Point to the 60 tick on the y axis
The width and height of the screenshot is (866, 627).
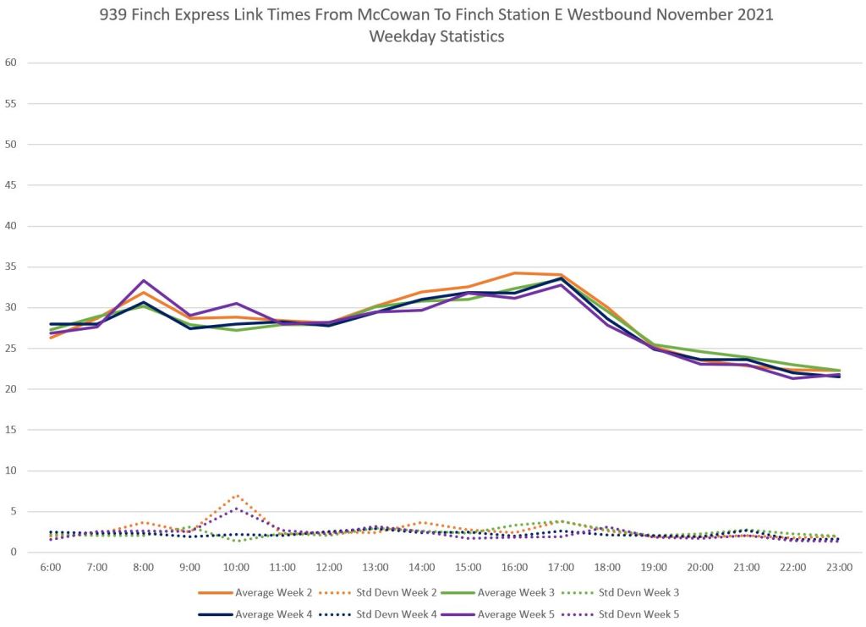click(11, 63)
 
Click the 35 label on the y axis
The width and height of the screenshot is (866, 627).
click(11, 267)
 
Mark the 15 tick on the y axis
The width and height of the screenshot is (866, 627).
click(11, 430)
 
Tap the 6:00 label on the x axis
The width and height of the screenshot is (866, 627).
click(51, 566)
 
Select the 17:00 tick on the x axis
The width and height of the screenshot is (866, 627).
click(561, 566)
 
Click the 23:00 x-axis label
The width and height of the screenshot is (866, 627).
click(839, 566)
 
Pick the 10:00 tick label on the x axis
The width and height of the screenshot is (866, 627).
click(236, 566)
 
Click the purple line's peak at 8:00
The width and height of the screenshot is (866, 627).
click(144, 280)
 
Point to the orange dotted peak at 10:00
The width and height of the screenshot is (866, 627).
click(237, 495)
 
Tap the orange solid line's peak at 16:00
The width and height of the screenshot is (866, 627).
click(514, 272)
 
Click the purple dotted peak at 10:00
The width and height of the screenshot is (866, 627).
click(237, 509)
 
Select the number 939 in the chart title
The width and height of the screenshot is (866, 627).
click(115, 14)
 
